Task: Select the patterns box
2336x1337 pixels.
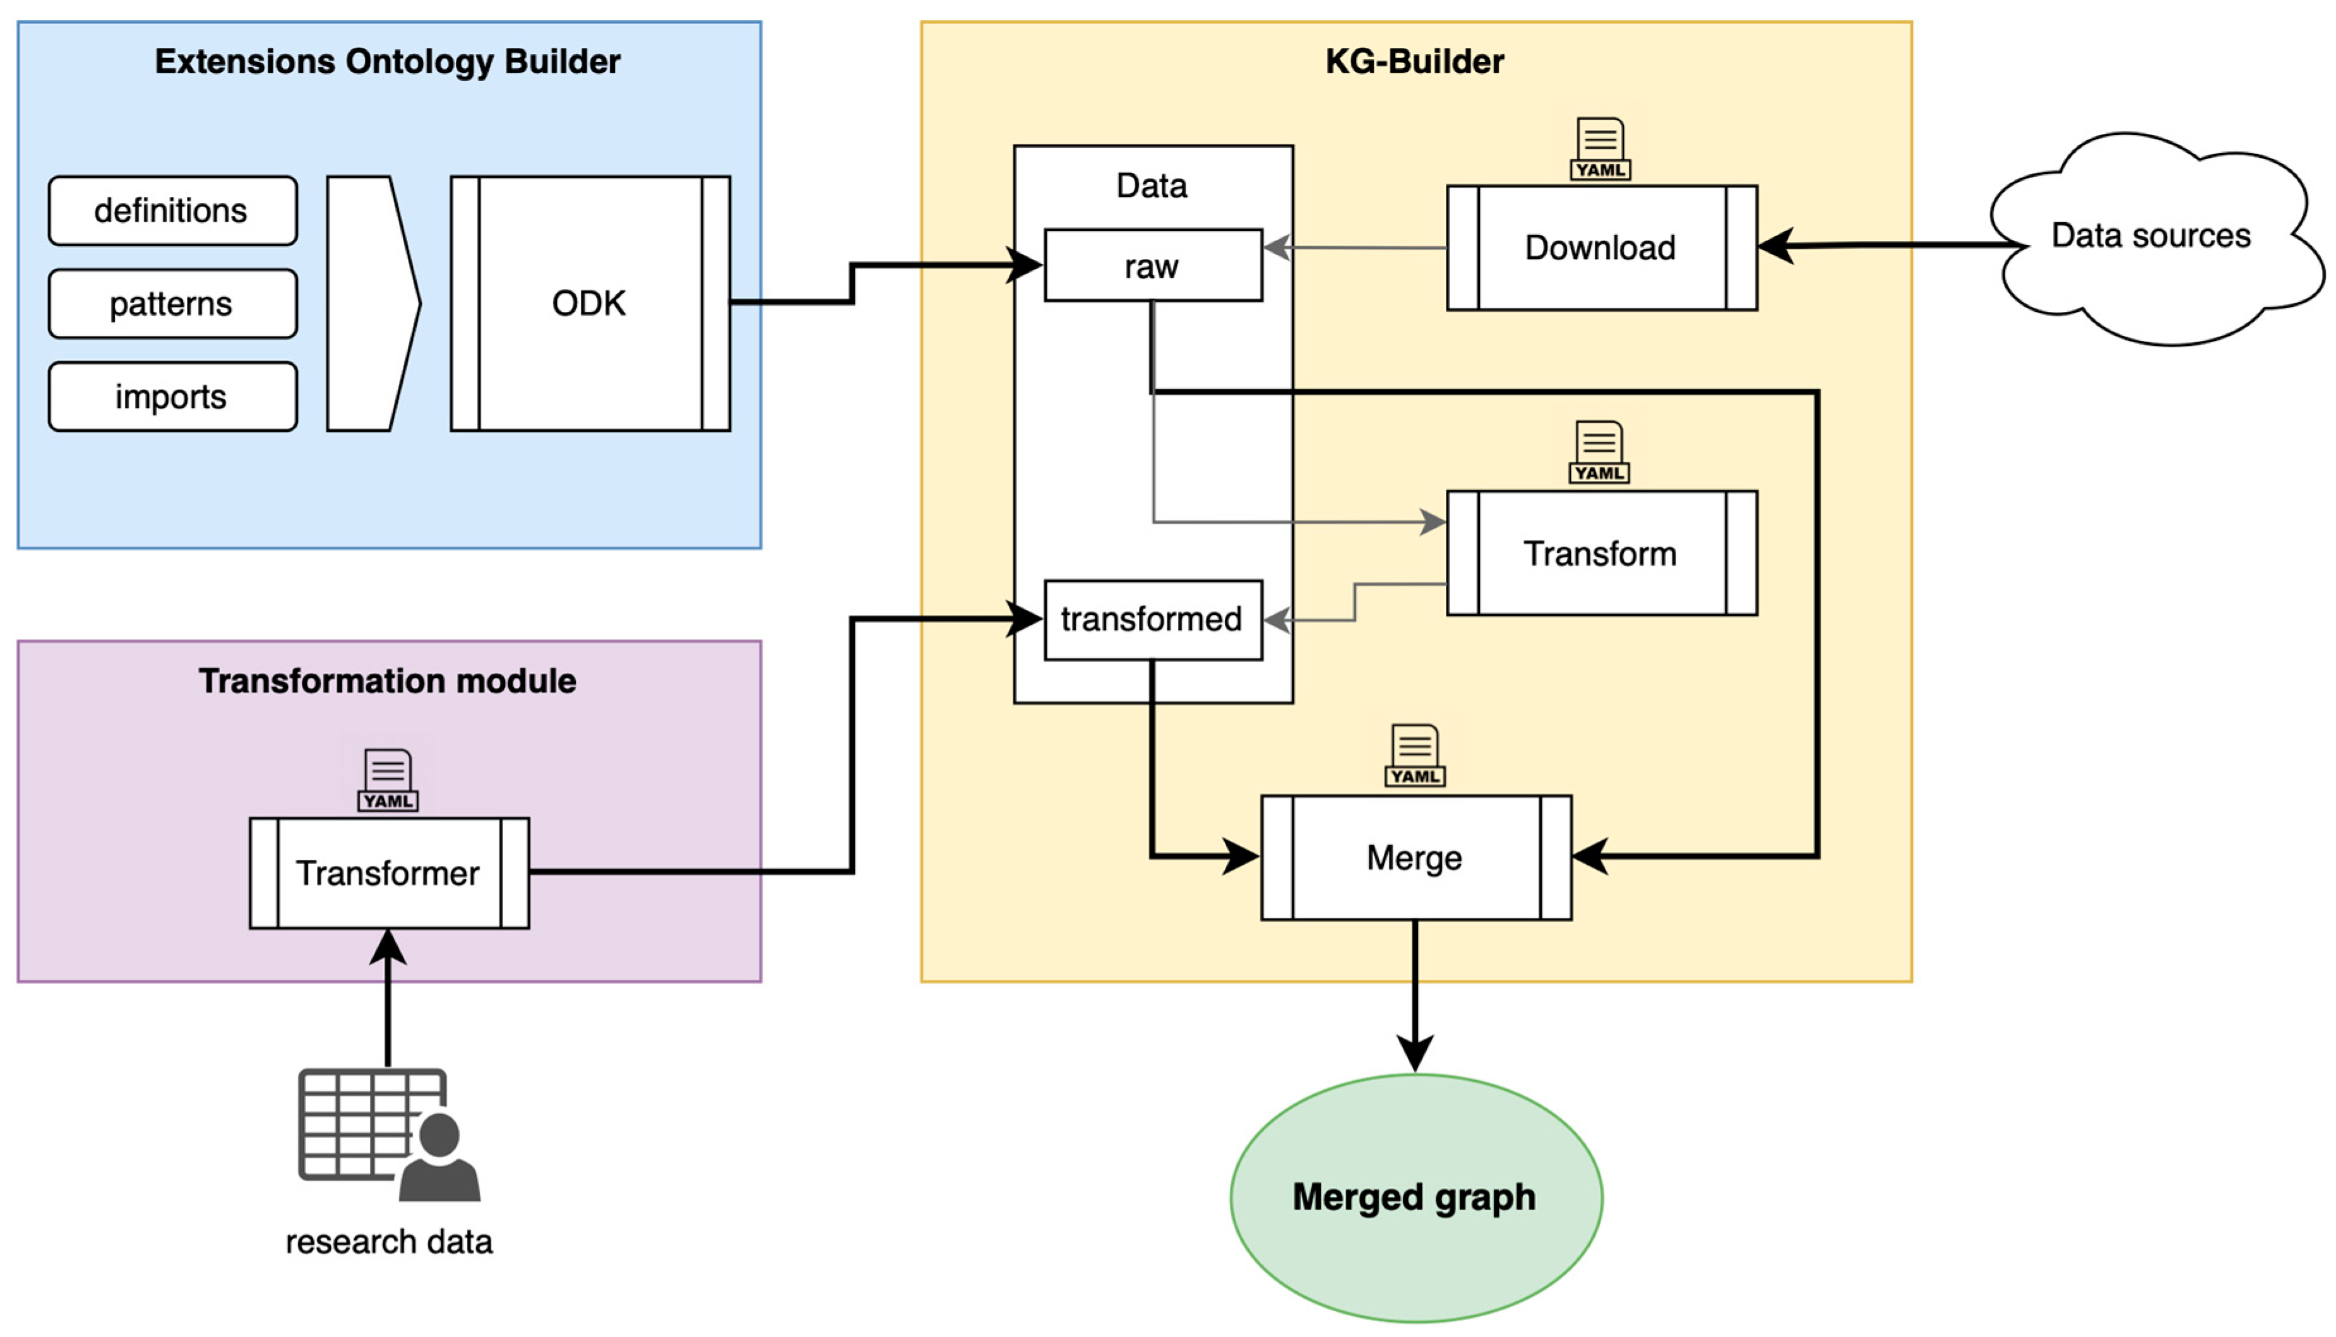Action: click(172, 303)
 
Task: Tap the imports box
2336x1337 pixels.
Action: click(172, 396)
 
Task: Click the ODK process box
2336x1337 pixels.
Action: click(590, 303)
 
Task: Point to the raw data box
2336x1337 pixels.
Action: click(1152, 265)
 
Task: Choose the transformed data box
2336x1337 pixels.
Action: click(1152, 620)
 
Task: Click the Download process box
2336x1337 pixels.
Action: click(1601, 248)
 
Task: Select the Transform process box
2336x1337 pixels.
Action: click(1601, 553)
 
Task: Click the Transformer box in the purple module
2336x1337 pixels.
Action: click(388, 872)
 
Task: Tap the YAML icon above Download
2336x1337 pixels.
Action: click(1600, 149)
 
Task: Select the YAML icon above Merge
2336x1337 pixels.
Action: click(1414, 756)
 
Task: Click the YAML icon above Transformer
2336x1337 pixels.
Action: click(388, 780)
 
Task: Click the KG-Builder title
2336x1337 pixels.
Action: click(1414, 61)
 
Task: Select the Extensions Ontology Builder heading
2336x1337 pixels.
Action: click(388, 61)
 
